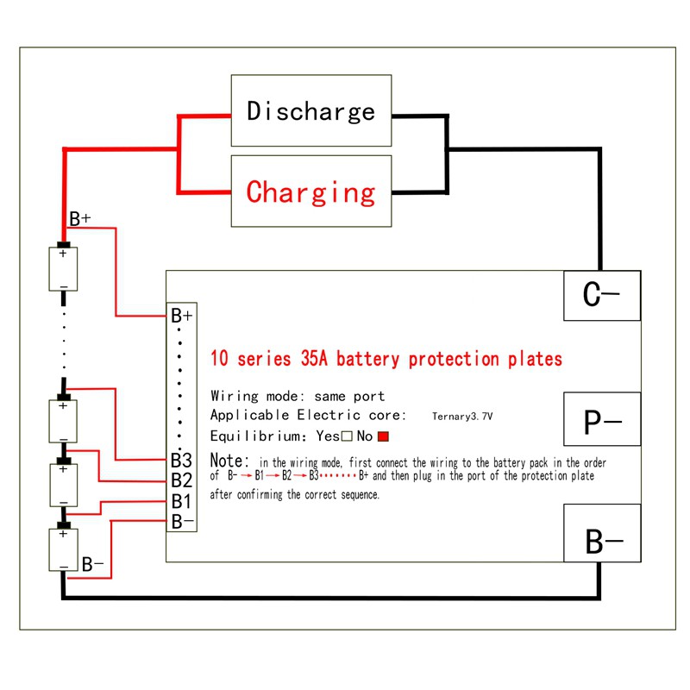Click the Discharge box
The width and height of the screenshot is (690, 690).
tap(311, 110)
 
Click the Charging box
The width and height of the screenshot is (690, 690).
tap(311, 191)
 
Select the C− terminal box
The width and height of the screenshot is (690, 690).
tap(601, 296)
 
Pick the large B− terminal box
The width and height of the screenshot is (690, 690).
tap(601, 543)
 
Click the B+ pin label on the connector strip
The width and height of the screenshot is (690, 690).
tap(182, 316)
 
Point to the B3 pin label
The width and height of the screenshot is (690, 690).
tap(181, 461)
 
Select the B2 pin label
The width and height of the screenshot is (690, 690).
tap(181, 480)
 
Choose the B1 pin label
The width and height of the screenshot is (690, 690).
tap(181, 501)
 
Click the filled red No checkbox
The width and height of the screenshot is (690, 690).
tap(385, 436)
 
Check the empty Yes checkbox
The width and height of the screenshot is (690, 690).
tap(347, 436)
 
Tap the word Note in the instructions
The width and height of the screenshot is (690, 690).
tap(230, 461)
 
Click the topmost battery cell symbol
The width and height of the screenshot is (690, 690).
tap(63, 269)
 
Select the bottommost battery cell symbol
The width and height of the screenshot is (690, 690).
tap(63, 549)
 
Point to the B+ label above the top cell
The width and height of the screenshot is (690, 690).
tap(80, 219)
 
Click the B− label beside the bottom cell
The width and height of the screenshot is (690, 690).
tap(93, 565)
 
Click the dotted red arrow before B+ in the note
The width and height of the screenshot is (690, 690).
tap(339, 476)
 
